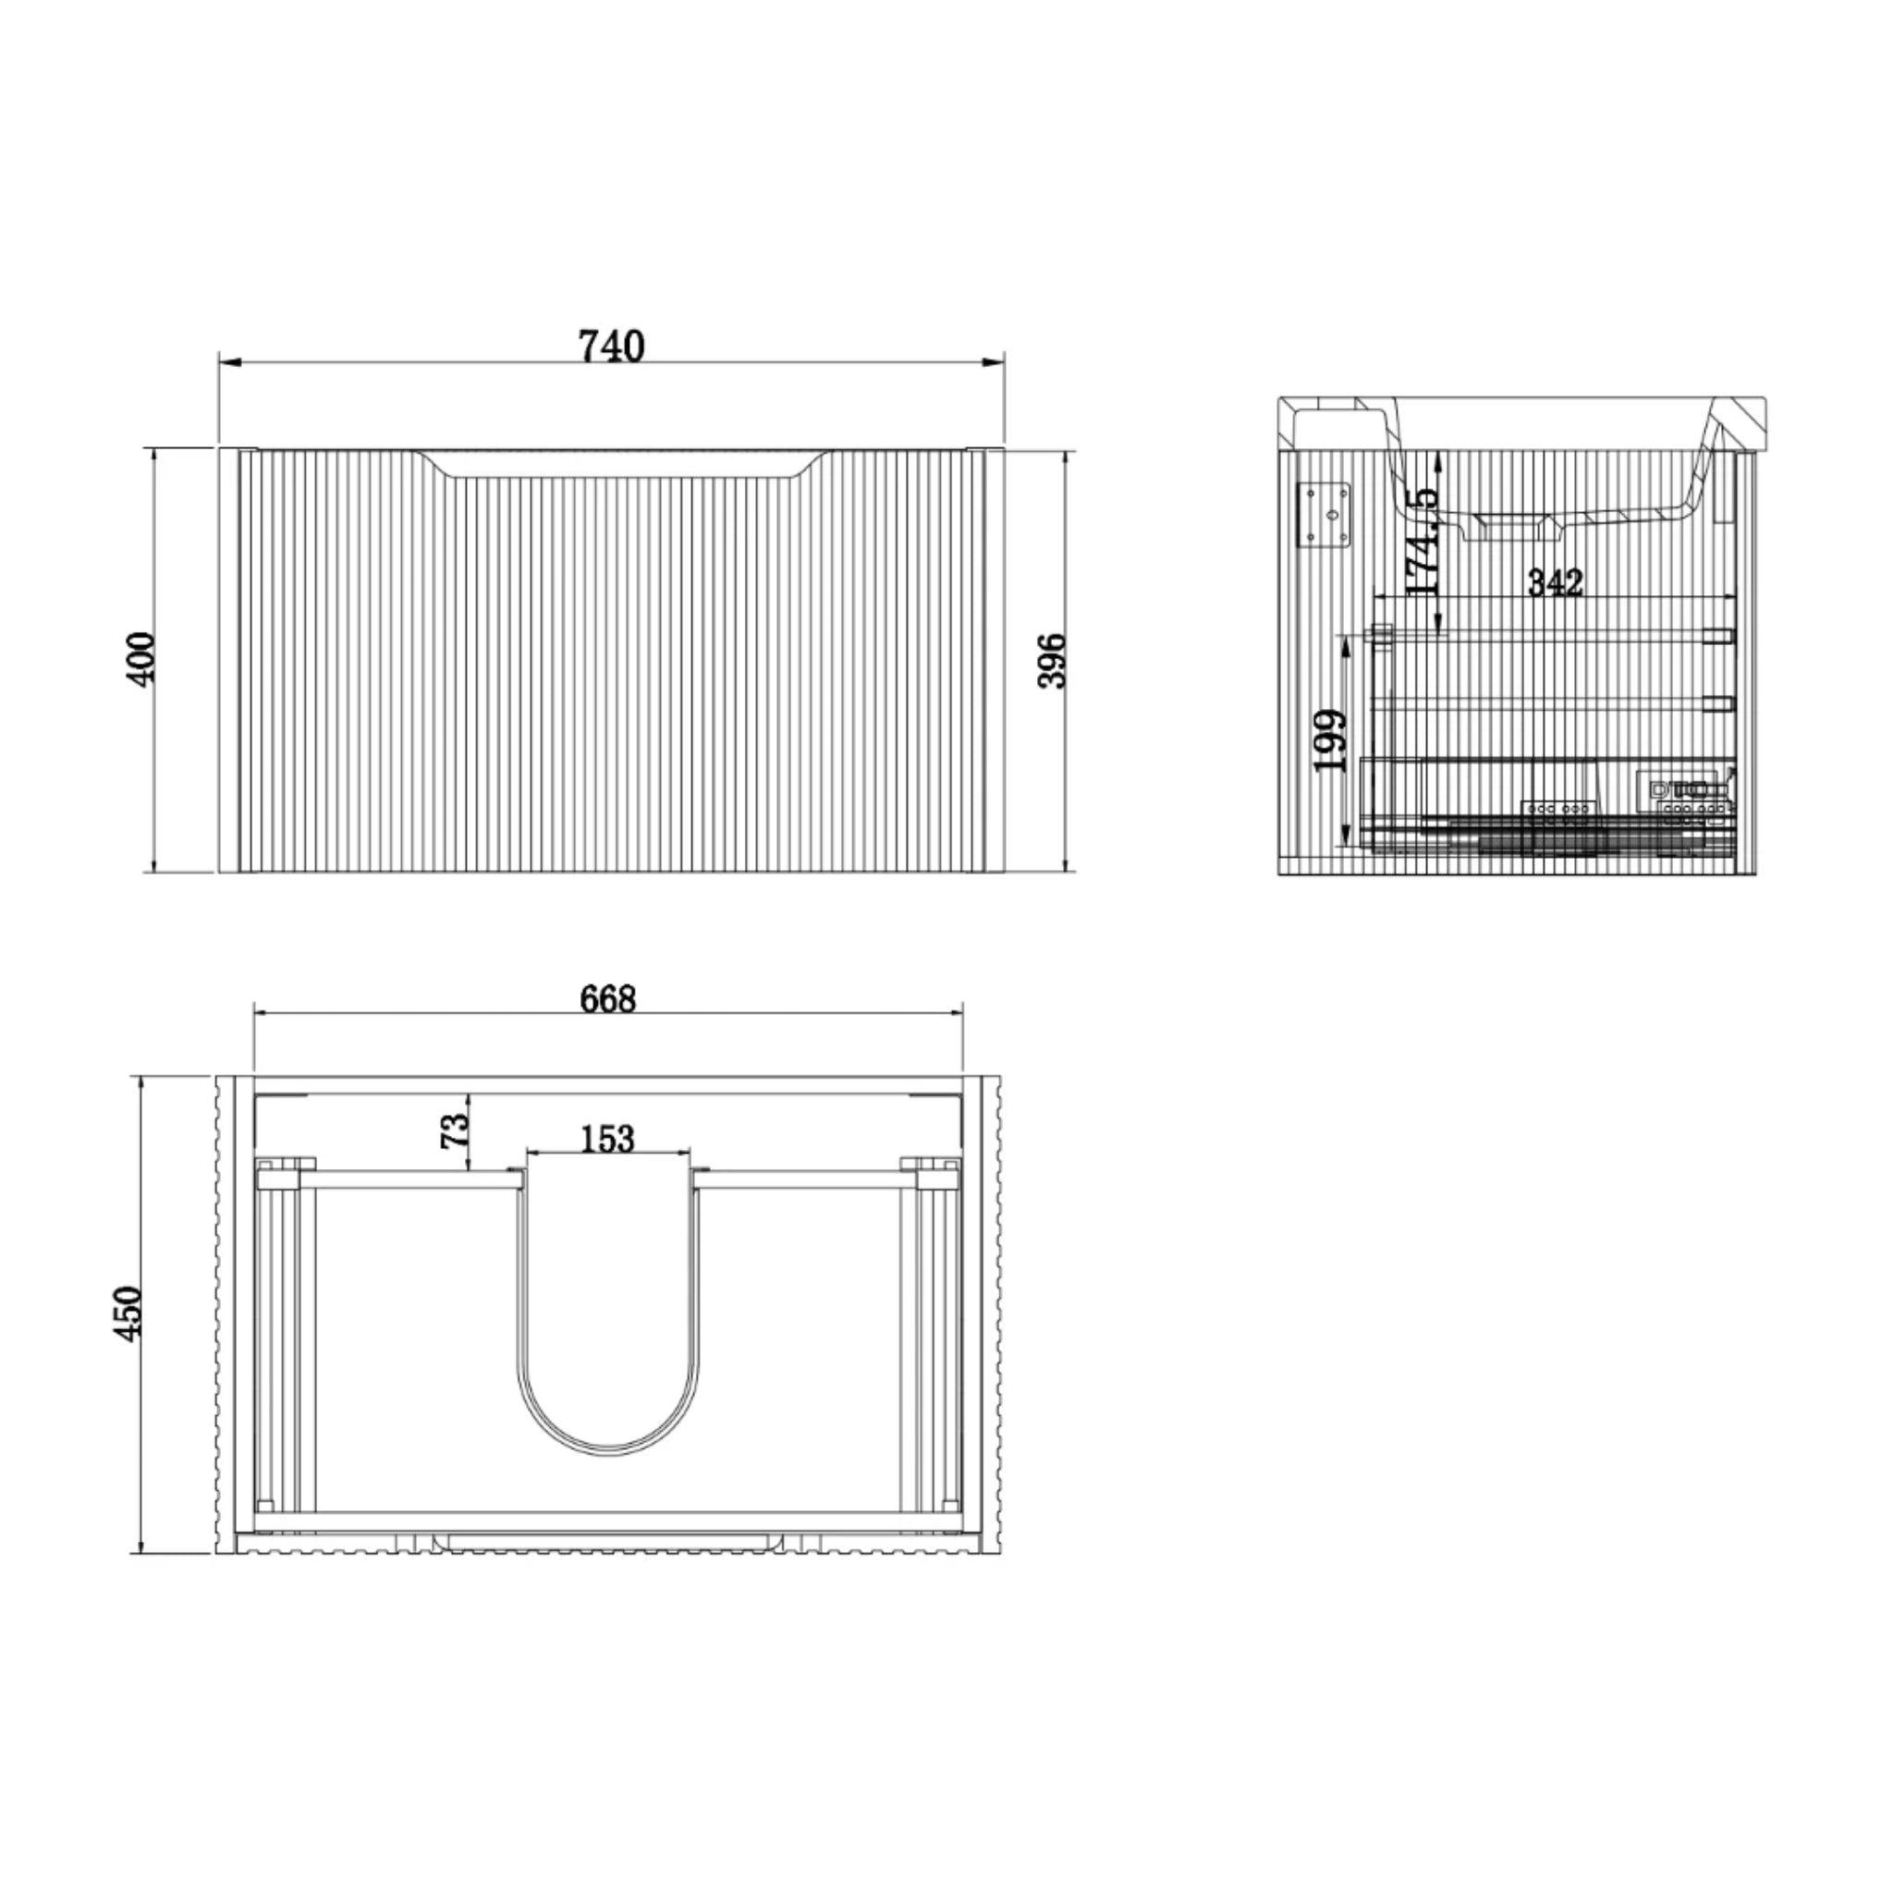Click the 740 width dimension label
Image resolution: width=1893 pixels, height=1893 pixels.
click(611, 346)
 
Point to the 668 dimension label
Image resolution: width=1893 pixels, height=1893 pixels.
click(607, 998)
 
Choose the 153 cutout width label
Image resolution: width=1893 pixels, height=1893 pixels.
click(607, 1139)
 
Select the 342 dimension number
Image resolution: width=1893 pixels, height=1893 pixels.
click(1555, 582)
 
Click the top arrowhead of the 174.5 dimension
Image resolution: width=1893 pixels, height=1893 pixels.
click(1437, 457)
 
